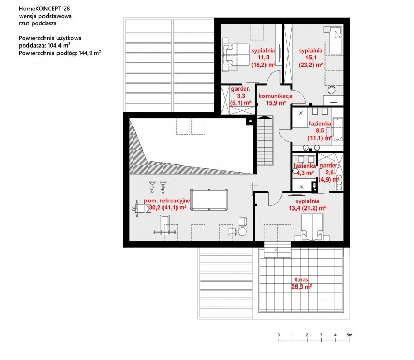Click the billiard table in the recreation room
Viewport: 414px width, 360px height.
tap(209, 200)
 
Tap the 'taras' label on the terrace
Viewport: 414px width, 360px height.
tap(302, 279)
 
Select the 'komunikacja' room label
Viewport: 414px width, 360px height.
tap(275, 96)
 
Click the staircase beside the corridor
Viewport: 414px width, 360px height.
tap(265, 141)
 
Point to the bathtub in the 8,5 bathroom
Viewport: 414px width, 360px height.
tap(337, 129)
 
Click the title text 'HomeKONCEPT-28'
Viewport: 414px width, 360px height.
tap(45, 8)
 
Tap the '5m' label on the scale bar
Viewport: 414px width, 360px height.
tap(350, 335)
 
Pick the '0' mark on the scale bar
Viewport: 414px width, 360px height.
tap(279, 335)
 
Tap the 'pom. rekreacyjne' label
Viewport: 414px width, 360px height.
tap(167, 201)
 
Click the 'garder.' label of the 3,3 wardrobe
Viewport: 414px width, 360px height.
tap(240, 88)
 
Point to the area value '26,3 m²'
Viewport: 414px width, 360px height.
tap(302, 287)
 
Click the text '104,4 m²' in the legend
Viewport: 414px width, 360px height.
tap(59, 45)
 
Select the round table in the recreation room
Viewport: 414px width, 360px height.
tap(242, 232)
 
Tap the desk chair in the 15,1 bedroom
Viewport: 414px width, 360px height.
tap(332, 90)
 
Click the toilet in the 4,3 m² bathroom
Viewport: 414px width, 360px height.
tap(295, 171)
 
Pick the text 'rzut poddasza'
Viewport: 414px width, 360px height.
tap(38, 23)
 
